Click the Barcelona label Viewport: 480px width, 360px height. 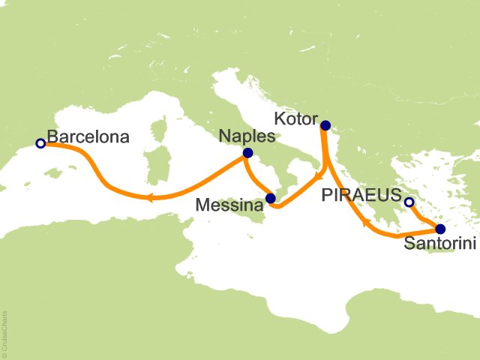point(88,137)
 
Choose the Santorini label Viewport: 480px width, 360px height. point(439,244)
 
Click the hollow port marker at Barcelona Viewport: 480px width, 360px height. point(40,142)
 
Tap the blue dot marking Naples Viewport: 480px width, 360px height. point(247,153)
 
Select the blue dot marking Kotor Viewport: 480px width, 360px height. point(325,125)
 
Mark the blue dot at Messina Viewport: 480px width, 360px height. point(271,199)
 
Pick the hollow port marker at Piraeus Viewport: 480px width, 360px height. point(409,202)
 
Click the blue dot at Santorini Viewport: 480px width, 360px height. point(440,229)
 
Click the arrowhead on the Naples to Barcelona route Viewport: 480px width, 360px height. point(149,198)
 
